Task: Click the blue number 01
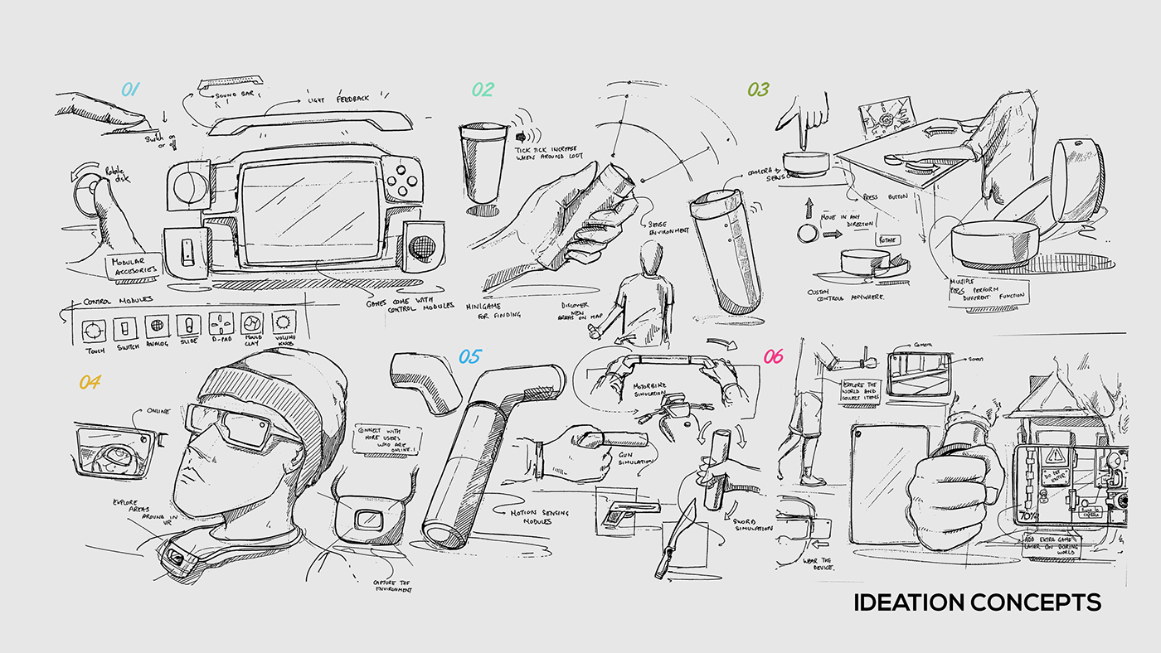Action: click(x=130, y=89)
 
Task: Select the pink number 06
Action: click(x=773, y=356)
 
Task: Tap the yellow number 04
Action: click(x=90, y=382)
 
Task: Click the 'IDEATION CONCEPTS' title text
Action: click(x=977, y=602)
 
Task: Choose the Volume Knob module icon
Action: click(x=284, y=323)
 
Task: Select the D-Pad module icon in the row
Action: click(x=221, y=323)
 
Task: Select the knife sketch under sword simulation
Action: click(x=669, y=538)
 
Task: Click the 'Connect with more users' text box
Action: click(x=387, y=438)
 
